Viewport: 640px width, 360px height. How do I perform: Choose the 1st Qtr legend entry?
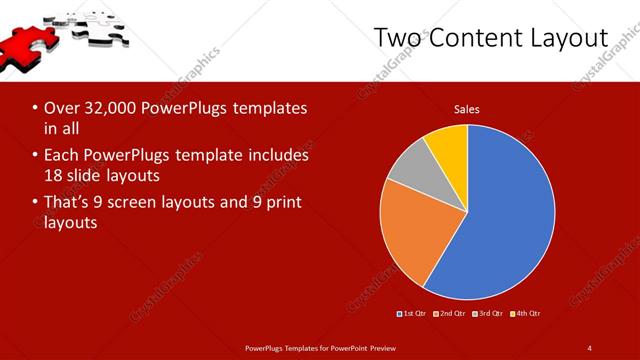pos(414,314)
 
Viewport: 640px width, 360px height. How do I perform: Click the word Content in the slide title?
pos(486,37)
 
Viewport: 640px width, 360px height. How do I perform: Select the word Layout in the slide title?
pos(574,37)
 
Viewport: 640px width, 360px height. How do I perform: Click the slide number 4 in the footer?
pos(589,347)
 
